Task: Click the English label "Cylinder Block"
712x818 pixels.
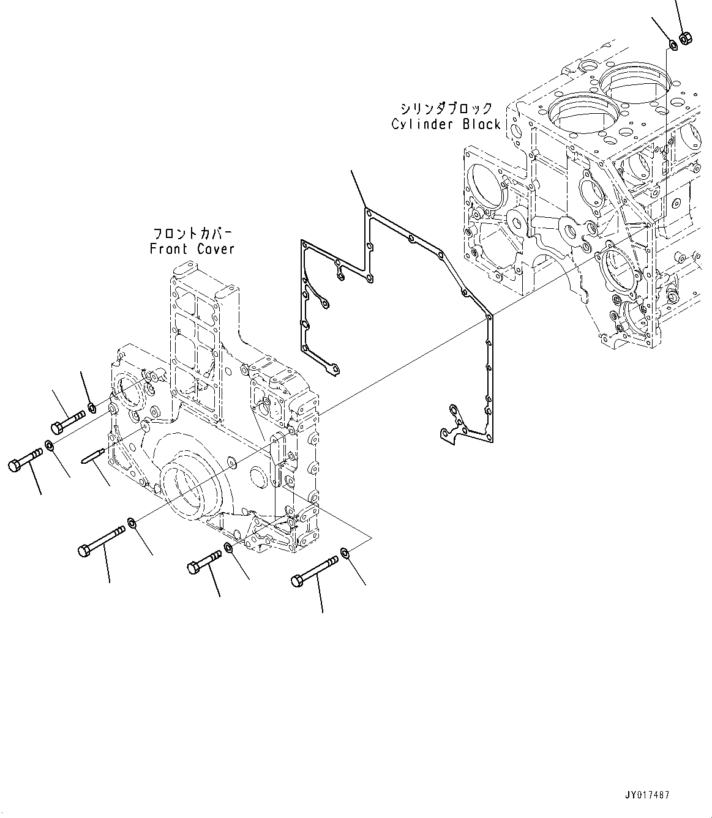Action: [446, 124]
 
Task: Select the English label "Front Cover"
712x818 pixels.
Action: [192, 248]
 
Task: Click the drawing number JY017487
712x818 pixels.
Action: [647, 795]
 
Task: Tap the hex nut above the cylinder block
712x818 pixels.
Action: [686, 38]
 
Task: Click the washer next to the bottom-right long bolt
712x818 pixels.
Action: [345, 554]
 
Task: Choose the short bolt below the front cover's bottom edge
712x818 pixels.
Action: [204, 563]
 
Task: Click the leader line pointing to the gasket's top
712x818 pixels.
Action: [359, 189]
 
